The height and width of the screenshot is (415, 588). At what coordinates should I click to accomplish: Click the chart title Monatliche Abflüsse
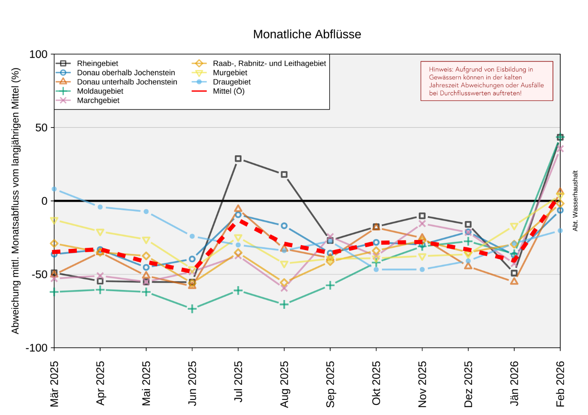(307, 34)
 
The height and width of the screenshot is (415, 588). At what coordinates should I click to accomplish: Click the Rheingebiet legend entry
(97, 63)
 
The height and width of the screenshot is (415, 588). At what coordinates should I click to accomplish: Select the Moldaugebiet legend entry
(100, 91)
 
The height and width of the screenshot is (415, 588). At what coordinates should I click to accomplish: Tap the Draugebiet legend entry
(231, 82)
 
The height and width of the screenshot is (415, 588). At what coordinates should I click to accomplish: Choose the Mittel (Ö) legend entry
(228, 91)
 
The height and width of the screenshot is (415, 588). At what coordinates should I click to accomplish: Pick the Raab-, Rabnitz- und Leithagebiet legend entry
(269, 63)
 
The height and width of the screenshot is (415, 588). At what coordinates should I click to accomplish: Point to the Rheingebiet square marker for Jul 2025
(238, 159)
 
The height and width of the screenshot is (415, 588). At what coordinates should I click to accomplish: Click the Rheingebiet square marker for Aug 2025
(284, 175)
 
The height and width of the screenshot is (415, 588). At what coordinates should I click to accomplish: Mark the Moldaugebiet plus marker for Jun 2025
(192, 309)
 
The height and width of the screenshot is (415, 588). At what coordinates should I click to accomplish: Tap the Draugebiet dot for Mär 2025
(54, 189)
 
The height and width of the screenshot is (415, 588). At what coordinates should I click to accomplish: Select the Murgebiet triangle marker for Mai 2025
(146, 240)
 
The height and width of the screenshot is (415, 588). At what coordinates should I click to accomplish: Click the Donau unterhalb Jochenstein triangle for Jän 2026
(514, 281)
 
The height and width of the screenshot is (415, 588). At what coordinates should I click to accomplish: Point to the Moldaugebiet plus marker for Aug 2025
(284, 304)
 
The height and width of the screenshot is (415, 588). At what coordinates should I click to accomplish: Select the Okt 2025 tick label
(376, 383)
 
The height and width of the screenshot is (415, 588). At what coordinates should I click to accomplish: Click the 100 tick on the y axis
(39, 54)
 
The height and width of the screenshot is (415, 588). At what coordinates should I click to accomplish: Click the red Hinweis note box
(487, 81)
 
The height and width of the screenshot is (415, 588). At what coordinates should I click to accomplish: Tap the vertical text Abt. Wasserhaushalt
(575, 201)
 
